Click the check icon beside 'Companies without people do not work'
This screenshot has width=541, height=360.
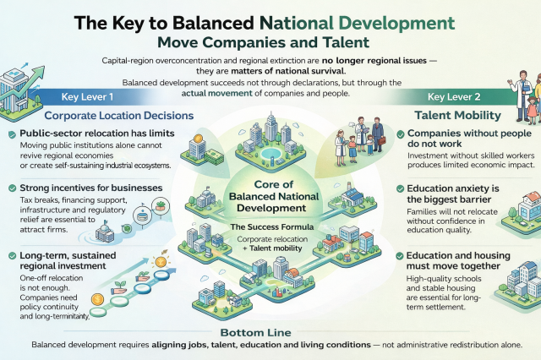pos(400,134)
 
